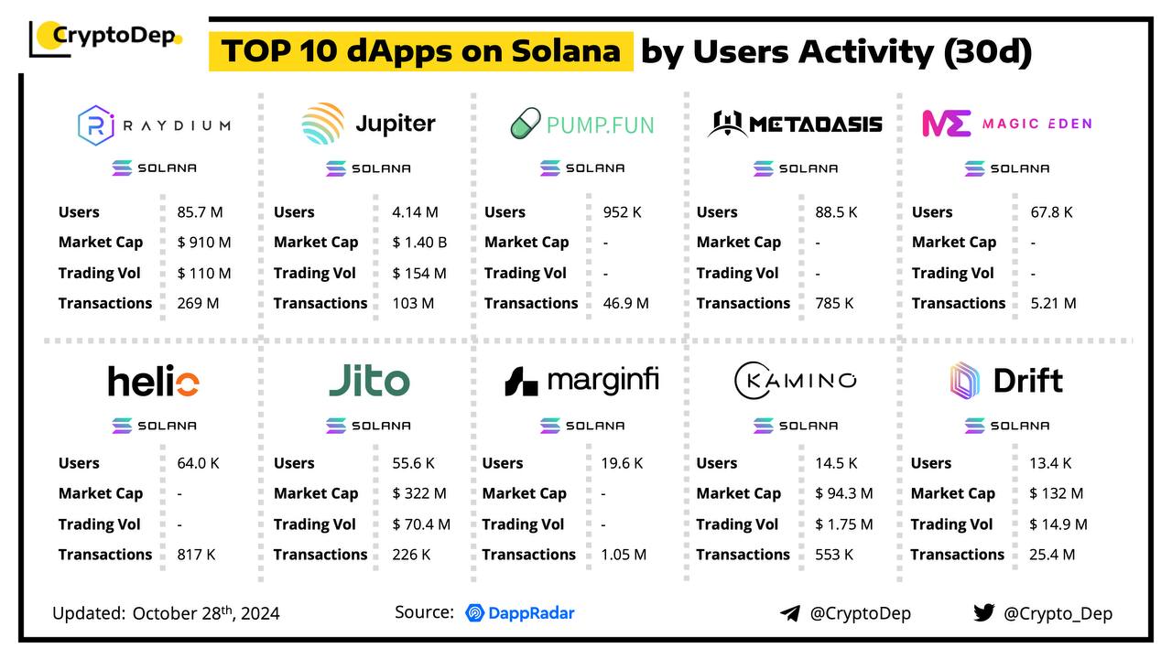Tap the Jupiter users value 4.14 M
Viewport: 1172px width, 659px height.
[415, 212]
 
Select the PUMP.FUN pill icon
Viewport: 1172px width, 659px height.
[526, 124]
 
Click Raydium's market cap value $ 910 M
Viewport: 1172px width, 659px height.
[203, 243]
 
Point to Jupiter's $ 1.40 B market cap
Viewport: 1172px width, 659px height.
[419, 243]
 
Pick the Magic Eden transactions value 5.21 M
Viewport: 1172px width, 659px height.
[1053, 303]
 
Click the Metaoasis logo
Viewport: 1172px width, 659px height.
[794, 124]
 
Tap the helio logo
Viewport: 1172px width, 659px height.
[153, 381]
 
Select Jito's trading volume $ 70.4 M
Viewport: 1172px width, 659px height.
[421, 524]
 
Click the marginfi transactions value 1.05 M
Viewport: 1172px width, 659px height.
[624, 555]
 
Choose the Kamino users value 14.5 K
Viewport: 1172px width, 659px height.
[836, 463]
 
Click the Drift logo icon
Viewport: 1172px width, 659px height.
[965, 380]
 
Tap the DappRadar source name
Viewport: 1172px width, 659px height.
[520, 613]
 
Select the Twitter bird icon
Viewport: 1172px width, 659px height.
[983, 613]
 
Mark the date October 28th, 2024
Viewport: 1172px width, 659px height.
[206, 613]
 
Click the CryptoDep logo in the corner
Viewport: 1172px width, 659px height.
[106, 38]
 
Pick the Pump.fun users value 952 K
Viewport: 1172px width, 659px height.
[623, 212]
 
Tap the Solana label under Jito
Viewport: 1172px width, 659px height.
[369, 426]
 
